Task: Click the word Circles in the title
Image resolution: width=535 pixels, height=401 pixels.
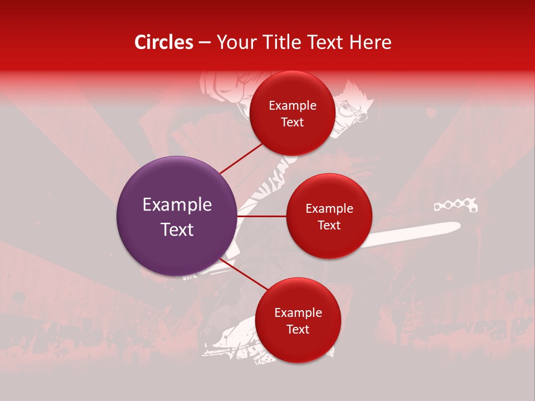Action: click(x=164, y=42)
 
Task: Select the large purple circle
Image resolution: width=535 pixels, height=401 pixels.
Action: click(x=177, y=216)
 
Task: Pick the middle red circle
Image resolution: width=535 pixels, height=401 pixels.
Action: click(x=329, y=216)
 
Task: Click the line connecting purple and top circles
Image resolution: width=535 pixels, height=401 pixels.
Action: click(x=241, y=158)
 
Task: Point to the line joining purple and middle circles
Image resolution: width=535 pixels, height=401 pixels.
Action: click(x=261, y=216)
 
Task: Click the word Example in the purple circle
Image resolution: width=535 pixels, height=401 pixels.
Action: click(x=177, y=205)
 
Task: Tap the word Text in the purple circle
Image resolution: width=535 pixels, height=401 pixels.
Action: click(x=177, y=229)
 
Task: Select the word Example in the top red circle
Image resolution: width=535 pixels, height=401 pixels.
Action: click(x=292, y=106)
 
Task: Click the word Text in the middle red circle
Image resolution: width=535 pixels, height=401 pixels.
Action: click(x=329, y=226)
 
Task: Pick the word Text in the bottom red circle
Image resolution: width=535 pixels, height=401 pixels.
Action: click(x=298, y=329)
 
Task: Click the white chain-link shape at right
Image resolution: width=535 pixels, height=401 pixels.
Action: click(x=456, y=207)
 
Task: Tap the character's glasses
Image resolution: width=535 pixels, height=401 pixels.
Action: click(x=359, y=114)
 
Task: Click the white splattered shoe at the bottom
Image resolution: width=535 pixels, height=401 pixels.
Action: click(x=234, y=340)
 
